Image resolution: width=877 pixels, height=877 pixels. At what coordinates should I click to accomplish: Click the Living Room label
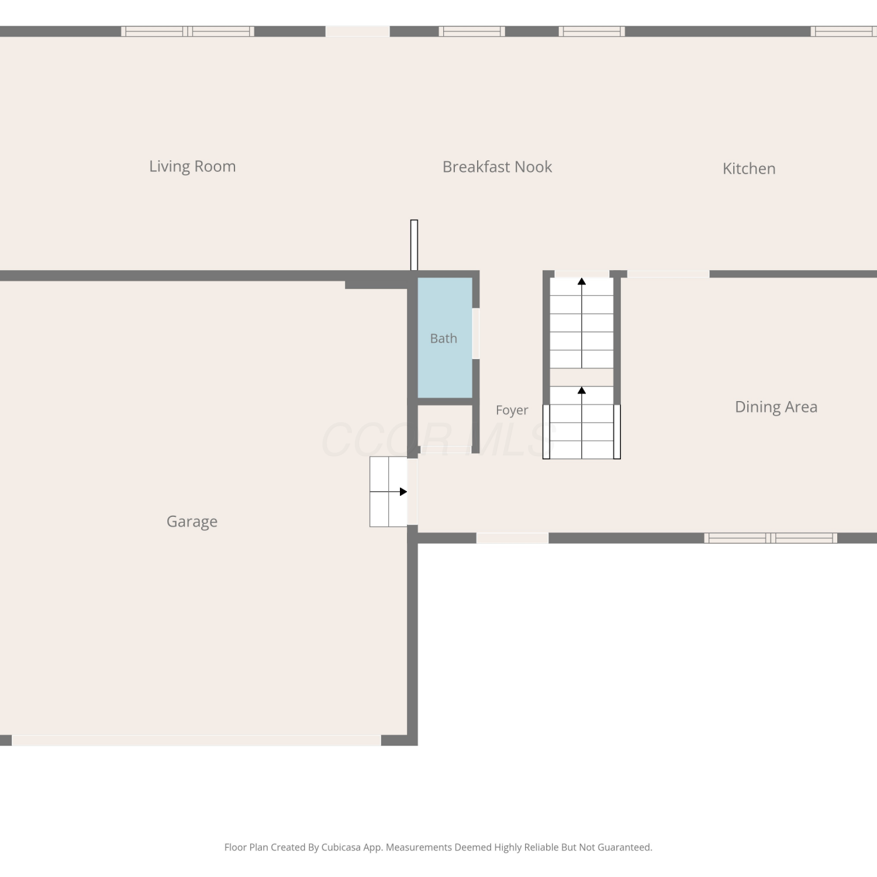[192, 167]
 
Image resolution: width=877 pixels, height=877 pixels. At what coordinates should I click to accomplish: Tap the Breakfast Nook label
[497, 167]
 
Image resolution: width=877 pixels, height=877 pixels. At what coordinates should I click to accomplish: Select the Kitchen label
[749, 168]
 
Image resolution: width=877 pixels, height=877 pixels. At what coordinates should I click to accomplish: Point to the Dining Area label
[776, 407]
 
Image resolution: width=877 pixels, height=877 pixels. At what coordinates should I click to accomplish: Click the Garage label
[192, 522]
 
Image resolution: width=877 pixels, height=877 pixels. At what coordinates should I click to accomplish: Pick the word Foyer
[512, 410]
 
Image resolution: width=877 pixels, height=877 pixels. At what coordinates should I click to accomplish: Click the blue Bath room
[445, 338]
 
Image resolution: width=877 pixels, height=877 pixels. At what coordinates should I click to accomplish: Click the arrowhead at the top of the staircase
[582, 282]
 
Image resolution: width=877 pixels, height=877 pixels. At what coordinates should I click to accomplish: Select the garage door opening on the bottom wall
[196, 740]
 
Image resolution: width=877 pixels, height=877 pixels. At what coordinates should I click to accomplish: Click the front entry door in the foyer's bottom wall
[512, 538]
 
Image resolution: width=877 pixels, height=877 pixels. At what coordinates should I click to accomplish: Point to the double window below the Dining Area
[771, 538]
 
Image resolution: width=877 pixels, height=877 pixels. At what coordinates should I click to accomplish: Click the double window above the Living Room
[188, 32]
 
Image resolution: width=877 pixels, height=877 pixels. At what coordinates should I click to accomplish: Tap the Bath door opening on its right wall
[476, 334]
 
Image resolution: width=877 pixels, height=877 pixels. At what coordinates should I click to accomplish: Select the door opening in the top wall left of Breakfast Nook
[358, 32]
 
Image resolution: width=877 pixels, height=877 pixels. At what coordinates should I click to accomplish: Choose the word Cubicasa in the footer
[341, 847]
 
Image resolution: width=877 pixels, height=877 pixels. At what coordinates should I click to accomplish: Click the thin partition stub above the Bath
[415, 245]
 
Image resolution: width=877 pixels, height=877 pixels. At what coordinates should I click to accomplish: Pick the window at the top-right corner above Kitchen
[844, 32]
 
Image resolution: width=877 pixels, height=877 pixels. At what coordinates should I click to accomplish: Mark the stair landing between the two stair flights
[582, 377]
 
